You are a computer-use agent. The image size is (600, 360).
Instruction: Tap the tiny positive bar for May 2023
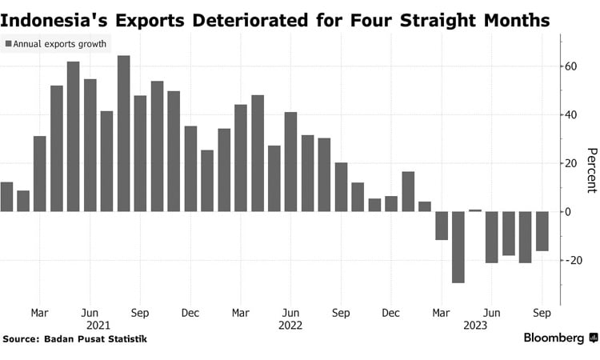(474, 210)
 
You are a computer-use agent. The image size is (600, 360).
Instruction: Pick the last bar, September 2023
(542, 231)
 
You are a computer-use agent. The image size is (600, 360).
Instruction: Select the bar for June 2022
(290, 162)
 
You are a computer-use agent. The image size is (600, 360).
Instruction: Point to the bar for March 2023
(441, 226)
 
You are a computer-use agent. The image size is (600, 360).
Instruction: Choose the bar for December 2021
(190, 169)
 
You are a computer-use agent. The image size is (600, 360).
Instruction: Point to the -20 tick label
(570, 261)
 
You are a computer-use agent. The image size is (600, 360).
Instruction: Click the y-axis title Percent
(591, 170)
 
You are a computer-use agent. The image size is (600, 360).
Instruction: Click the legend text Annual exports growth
(60, 45)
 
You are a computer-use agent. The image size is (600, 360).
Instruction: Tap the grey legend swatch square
(9, 45)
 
